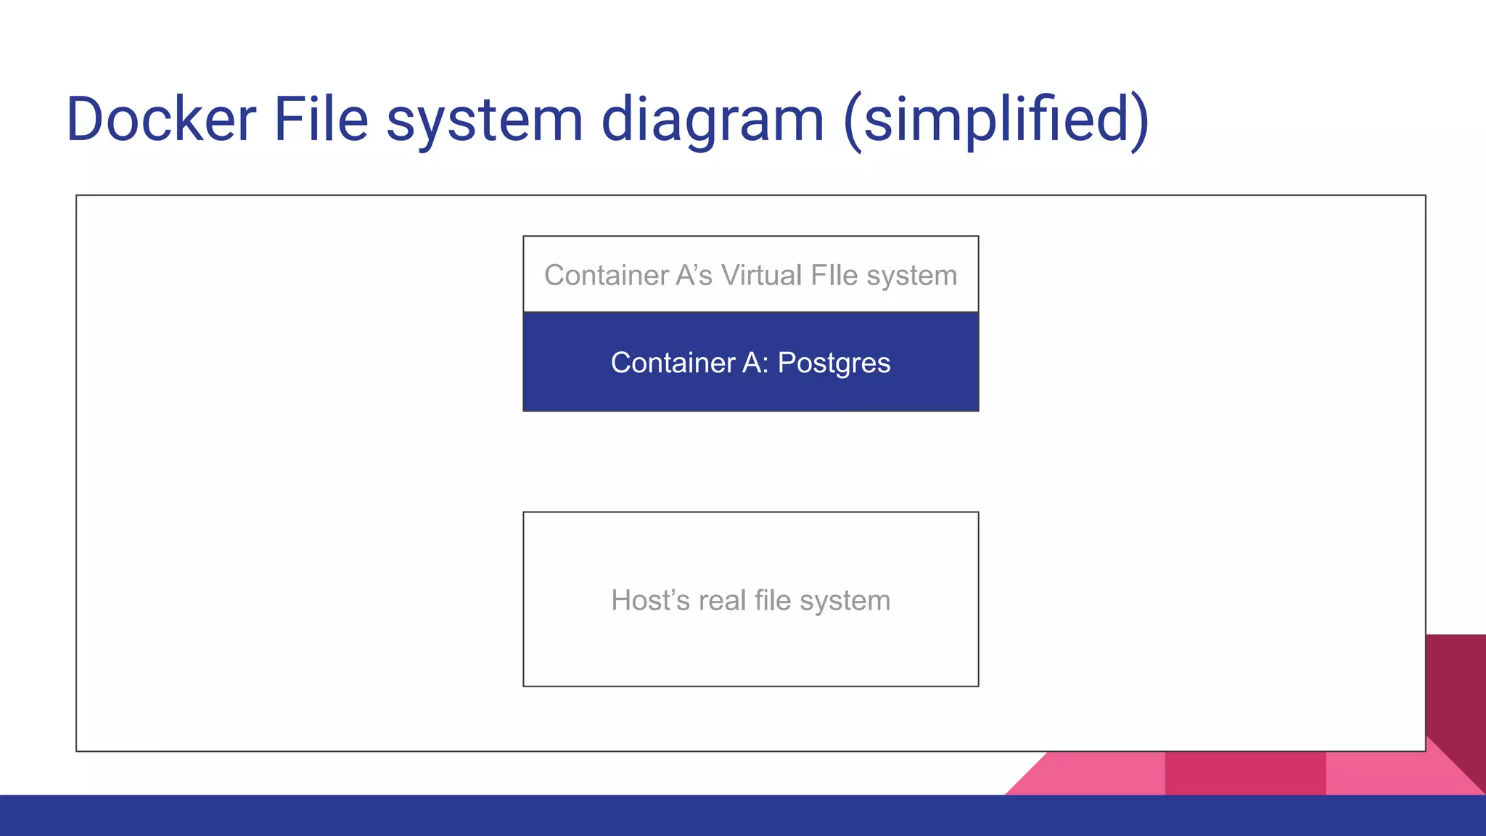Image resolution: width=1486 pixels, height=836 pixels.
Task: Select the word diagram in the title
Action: click(713, 120)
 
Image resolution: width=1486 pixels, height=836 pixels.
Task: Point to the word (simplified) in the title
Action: click(996, 120)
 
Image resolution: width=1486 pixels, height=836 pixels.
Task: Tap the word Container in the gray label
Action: click(607, 276)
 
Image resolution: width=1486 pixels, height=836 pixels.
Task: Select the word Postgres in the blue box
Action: click(834, 363)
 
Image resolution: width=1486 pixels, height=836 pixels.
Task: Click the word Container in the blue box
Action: click(673, 363)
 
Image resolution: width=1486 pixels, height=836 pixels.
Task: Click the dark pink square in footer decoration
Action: click(1245, 774)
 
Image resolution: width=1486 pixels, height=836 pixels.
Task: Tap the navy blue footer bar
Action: click(743, 816)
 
